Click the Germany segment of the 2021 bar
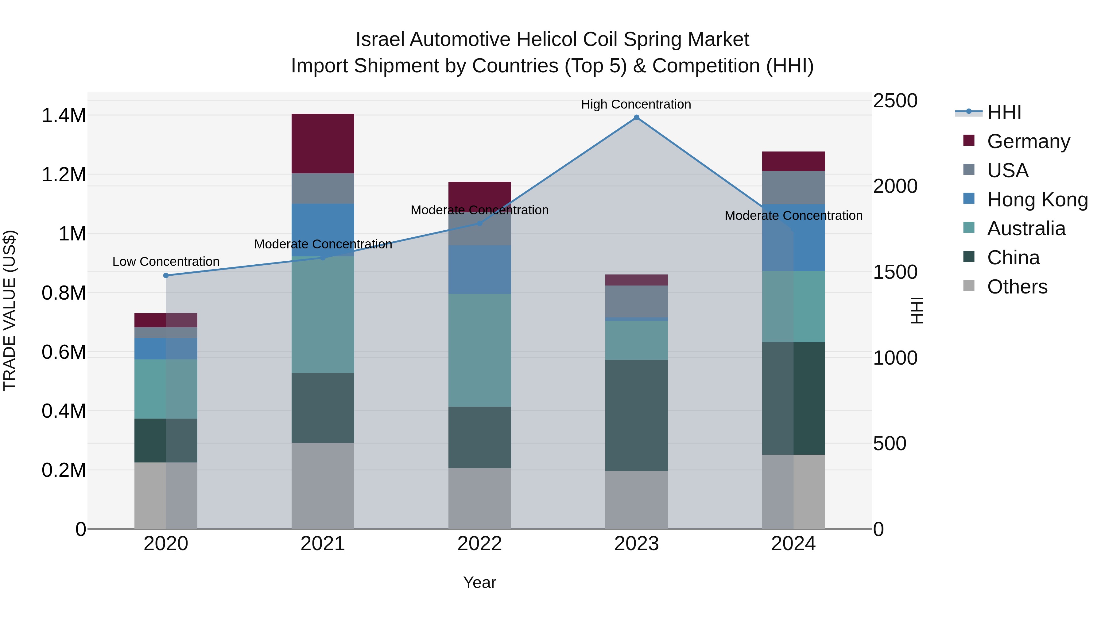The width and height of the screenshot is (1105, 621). tap(323, 143)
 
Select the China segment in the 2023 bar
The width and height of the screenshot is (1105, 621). tap(636, 415)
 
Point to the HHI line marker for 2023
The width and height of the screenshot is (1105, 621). tap(636, 117)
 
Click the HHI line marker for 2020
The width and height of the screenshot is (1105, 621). tap(166, 276)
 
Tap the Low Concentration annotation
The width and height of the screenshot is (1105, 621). tap(166, 261)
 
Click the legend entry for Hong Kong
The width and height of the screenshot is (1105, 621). tap(1037, 200)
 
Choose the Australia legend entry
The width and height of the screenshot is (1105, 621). tap(1026, 228)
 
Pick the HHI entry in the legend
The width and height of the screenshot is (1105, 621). tap(1004, 112)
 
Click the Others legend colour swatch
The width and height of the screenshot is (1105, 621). tap(969, 286)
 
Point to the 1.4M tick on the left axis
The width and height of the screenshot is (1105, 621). tap(64, 116)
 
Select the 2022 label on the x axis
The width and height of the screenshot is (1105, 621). tap(479, 544)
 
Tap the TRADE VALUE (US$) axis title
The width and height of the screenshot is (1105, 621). tap(10, 310)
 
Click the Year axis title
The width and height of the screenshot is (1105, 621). tap(479, 582)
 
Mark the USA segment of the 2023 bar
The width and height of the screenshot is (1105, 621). tap(636, 301)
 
